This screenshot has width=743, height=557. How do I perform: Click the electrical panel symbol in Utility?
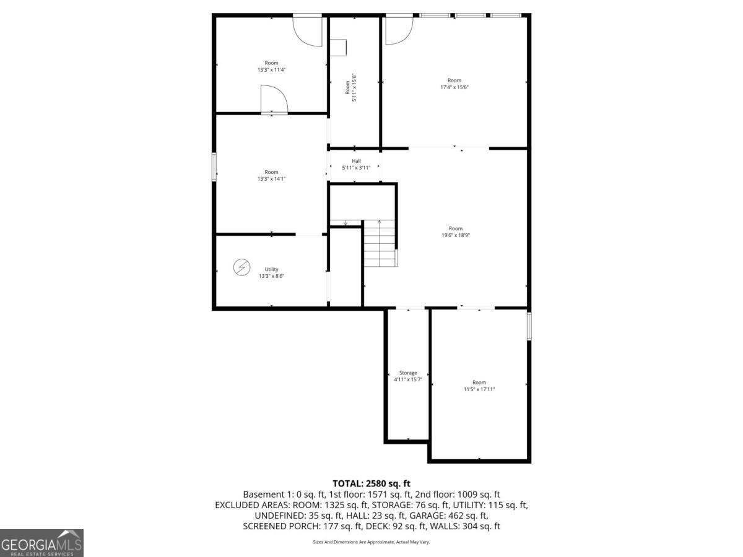tap(241, 267)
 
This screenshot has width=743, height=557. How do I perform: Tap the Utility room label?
tap(271, 269)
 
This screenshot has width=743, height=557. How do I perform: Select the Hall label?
tap(356, 161)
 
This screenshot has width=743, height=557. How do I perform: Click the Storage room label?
tap(407, 373)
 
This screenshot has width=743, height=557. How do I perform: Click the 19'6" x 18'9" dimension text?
tap(455, 235)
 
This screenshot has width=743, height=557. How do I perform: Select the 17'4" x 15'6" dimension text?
tap(454, 87)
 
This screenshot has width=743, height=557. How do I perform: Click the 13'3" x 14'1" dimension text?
tap(271, 179)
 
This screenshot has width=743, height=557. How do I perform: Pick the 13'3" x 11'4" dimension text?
tap(271, 70)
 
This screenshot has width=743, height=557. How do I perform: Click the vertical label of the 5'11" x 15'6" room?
tap(350, 84)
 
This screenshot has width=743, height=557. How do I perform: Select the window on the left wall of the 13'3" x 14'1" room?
tap(214, 166)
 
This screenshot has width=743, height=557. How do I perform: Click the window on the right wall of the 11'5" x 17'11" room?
tap(529, 326)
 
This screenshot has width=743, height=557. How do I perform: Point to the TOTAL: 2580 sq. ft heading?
tap(371, 483)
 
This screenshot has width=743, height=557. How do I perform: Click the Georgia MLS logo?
tap(41, 543)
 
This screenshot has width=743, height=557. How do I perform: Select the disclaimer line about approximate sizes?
tap(371, 542)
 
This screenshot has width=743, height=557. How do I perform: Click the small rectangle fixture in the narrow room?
tap(338, 48)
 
